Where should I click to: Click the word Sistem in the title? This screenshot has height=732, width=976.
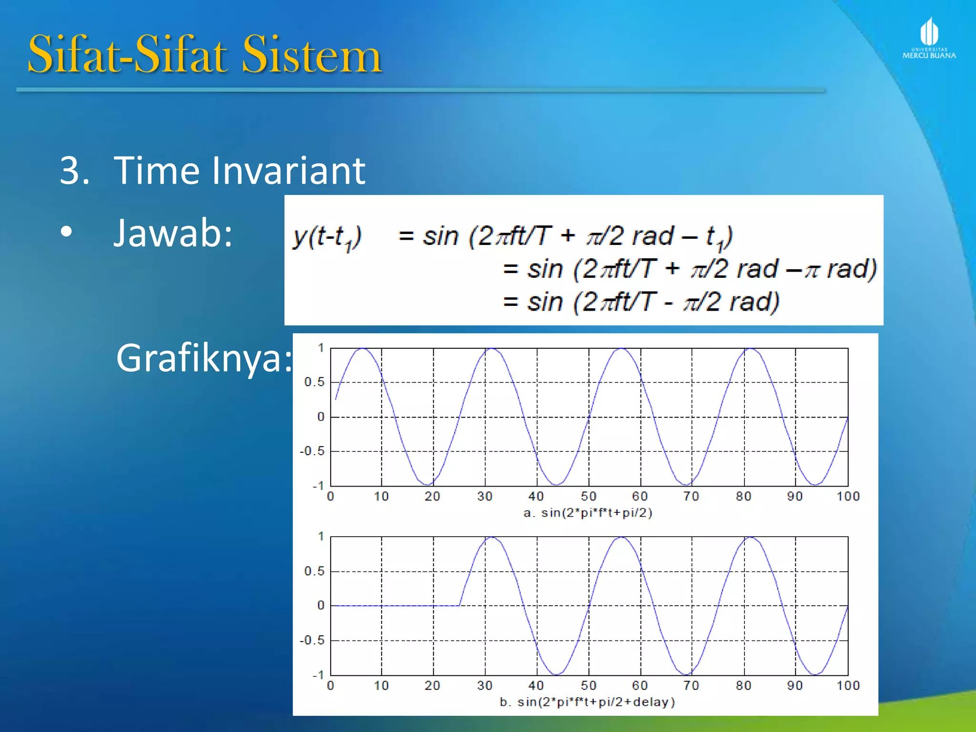coord(312,55)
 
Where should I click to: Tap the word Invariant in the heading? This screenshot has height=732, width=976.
coord(288,170)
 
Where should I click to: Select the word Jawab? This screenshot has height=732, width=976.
coord(173,233)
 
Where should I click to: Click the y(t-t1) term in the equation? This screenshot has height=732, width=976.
coord(327,237)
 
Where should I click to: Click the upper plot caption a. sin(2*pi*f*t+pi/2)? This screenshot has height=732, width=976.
coord(588,513)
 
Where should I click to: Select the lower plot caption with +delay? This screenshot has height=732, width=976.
coord(587,702)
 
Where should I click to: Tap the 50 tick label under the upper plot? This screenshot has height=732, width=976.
coord(589,497)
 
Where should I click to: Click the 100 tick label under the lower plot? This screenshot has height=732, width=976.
coord(848,686)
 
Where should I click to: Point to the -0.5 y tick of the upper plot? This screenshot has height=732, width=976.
coord(312,451)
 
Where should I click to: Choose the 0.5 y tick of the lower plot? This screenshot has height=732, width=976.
coord(315,571)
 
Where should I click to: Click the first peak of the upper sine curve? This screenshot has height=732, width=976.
coord(363,349)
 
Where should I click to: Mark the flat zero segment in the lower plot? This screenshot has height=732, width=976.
coord(396,606)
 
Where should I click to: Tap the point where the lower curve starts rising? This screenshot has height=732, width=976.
coord(460,605)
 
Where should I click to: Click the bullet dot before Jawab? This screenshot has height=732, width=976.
coord(67,233)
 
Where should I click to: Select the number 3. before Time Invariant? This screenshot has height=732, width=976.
coord(74,170)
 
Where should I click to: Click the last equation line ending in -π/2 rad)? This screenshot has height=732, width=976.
coord(641,302)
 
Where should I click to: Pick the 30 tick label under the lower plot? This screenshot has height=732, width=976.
coord(485,686)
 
